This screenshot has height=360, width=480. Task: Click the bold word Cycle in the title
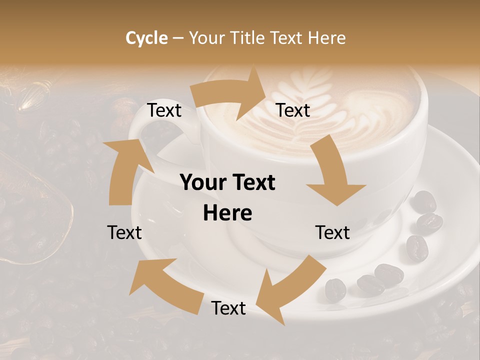click(146, 38)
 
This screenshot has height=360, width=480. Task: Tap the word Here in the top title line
click(327, 38)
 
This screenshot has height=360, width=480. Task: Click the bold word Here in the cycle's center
click(227, 213)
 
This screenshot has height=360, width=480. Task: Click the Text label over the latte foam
click(293, 110)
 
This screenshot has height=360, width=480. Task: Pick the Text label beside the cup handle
click(164, 110)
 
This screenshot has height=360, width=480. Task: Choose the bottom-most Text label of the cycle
click(228, 308)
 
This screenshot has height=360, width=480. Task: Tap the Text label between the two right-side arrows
click(332, 232)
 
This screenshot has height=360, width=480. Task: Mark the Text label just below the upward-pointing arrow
click(124, 232)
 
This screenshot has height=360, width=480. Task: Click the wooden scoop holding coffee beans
click(30, 210)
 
